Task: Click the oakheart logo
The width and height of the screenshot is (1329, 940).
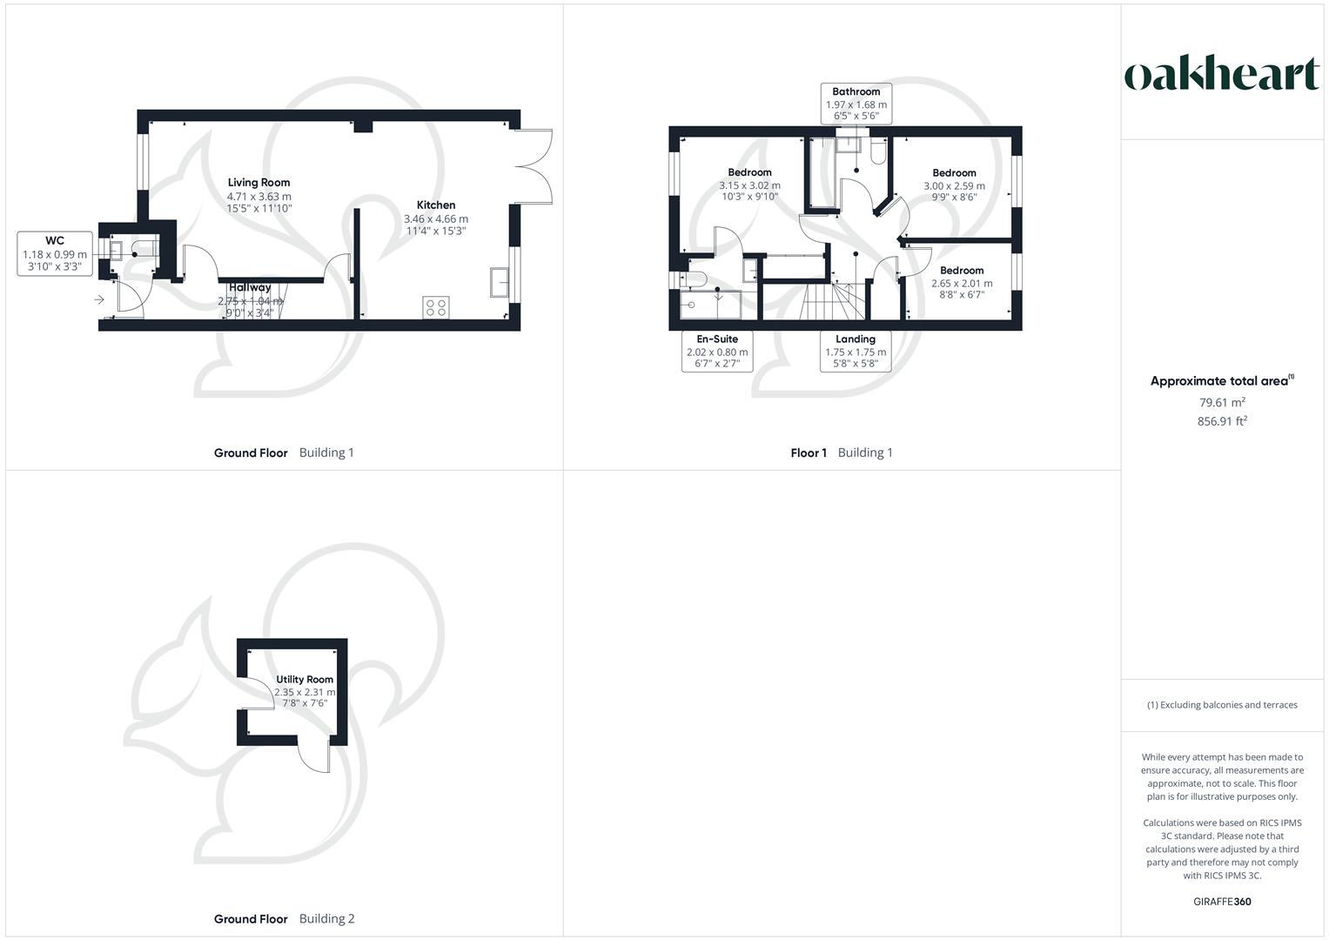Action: click(x=1221, y=75)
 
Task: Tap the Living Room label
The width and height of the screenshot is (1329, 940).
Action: click(x=258, y=183)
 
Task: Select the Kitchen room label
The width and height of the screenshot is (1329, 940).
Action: click(x=436, y=205)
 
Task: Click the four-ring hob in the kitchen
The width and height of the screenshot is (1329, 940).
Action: click(x=436, y=307)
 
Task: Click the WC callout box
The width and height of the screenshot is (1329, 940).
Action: click(x=54, y=253)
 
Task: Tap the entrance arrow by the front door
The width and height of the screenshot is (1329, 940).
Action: click(x=99, y=300)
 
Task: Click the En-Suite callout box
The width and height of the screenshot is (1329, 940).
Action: click(x=716, y=352)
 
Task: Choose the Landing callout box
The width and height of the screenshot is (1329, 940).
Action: click(x=856, y=352)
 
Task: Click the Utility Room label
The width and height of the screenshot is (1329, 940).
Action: click(x=305, y=680)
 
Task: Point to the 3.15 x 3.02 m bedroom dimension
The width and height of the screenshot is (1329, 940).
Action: click(x=749, y=185)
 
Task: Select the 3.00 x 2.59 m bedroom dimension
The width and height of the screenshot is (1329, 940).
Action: click(x=954, y=185)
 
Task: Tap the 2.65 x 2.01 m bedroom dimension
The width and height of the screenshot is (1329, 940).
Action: click(x=962, y=283)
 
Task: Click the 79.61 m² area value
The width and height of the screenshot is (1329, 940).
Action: click(x=1222, y=402)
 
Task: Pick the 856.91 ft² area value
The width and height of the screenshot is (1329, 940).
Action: click(x=1222, y=421)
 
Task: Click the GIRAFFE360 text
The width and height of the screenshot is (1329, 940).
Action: click(x=1222, y=902)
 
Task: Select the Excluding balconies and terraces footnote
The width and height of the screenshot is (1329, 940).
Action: click(x=1222, y=705)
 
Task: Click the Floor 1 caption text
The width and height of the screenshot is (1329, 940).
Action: click(x=809, y=453)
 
